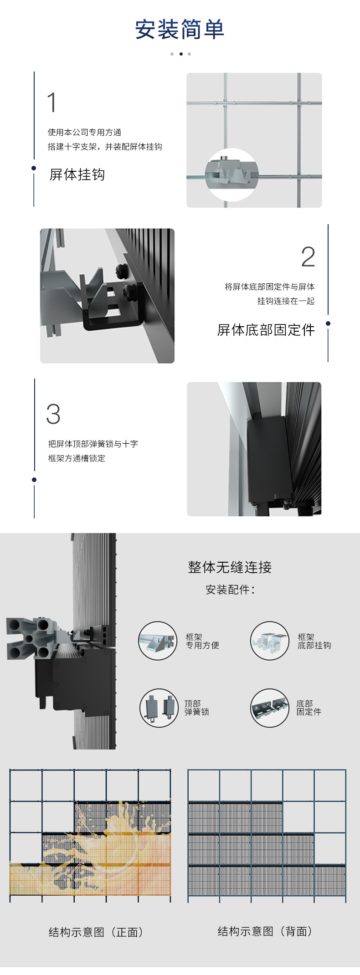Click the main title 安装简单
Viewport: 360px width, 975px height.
coord(180,30)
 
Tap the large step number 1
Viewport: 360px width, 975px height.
coord(52,102)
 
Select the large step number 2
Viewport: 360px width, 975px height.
coord(308,257)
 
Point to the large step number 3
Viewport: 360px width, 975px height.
coord(53,414)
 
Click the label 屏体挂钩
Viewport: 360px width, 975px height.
coord(77,174)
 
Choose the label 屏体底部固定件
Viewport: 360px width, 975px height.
coord(266,330)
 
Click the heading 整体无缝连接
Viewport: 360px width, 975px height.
coord(230,567)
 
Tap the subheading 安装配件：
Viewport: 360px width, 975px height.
coord(231,590)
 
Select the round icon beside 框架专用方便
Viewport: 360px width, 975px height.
coord(158,641)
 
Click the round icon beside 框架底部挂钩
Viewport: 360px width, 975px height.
coord(270,641)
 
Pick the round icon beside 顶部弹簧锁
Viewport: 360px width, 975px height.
coord(159,708)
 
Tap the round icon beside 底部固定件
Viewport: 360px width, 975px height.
coord(270,708)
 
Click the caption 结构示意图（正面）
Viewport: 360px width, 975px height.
coord(96,932)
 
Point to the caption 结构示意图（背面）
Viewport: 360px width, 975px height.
coord(265,931)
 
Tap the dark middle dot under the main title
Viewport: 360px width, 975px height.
coord(181,54)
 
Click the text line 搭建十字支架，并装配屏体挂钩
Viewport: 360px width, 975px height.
coord(105,147)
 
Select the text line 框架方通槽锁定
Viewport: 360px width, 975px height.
coord(77,458)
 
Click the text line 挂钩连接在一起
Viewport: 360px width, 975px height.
coord(286,301)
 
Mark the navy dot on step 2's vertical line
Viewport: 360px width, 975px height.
coord(328,323)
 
